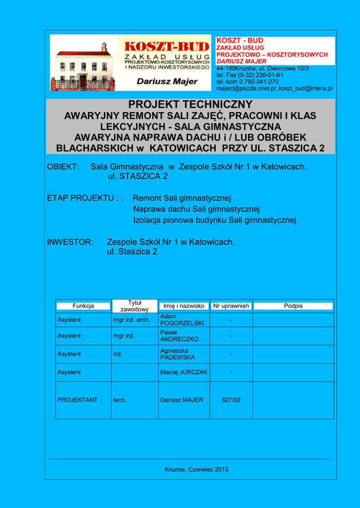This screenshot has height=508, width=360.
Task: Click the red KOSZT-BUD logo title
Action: pyautogui.click(x=166, y=46)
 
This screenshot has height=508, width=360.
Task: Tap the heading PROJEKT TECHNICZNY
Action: pyautogui.click(x=191, y=105)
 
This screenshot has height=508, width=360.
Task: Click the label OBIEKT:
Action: pyautogui.click(x=63, y=167)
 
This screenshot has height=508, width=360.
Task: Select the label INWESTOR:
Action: pyautogui.click(x=70, y=242)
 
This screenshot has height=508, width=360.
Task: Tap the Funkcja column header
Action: pyautogui.click(x=83, y=306)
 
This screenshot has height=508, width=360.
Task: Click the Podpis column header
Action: pyautogui.click(x=293, y=306)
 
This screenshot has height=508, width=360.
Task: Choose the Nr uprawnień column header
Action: pyautogui.click(x=231, y=306)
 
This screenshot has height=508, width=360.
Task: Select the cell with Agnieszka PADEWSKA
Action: pyautogui.click(x=177, y=354)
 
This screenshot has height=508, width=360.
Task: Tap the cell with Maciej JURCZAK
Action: pyautogui.click(x=183, y=372)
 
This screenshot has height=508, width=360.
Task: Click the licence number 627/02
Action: pyautogui.click(x=231, y=400)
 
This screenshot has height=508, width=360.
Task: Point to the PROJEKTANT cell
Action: pyautogui.click(x=77, y=400)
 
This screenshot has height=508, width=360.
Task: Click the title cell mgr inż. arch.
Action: pyautogui.click(x=132, y=320)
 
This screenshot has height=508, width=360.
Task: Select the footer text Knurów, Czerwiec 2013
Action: pyautogui.click(x=197, y=469)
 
